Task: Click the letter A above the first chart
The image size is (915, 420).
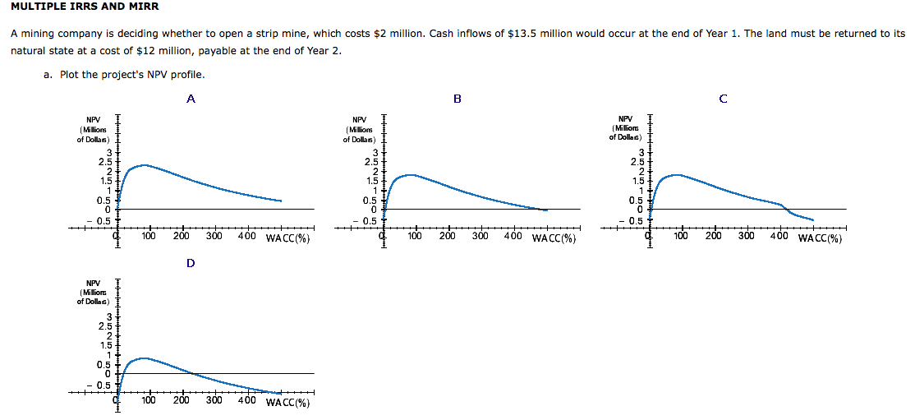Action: click(191, 99)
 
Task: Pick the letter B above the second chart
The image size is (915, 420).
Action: click(457, 99)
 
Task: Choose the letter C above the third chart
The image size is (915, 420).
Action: click(723, 99)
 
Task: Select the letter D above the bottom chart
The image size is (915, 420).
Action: click(191, 263)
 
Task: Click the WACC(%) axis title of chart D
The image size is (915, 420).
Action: click(287, 403)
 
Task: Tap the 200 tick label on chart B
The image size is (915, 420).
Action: click(448, 237)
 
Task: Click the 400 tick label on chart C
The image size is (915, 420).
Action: click(779, 237)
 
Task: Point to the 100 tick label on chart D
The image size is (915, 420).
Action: click(149, 401)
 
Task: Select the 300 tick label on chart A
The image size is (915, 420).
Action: click(214, 237)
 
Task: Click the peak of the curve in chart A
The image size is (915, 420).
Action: click(144, 165)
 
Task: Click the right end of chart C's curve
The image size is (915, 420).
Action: click(812, 219)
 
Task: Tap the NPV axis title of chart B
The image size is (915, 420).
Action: click(359, 129)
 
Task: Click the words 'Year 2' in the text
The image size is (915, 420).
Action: click(322, 51)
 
